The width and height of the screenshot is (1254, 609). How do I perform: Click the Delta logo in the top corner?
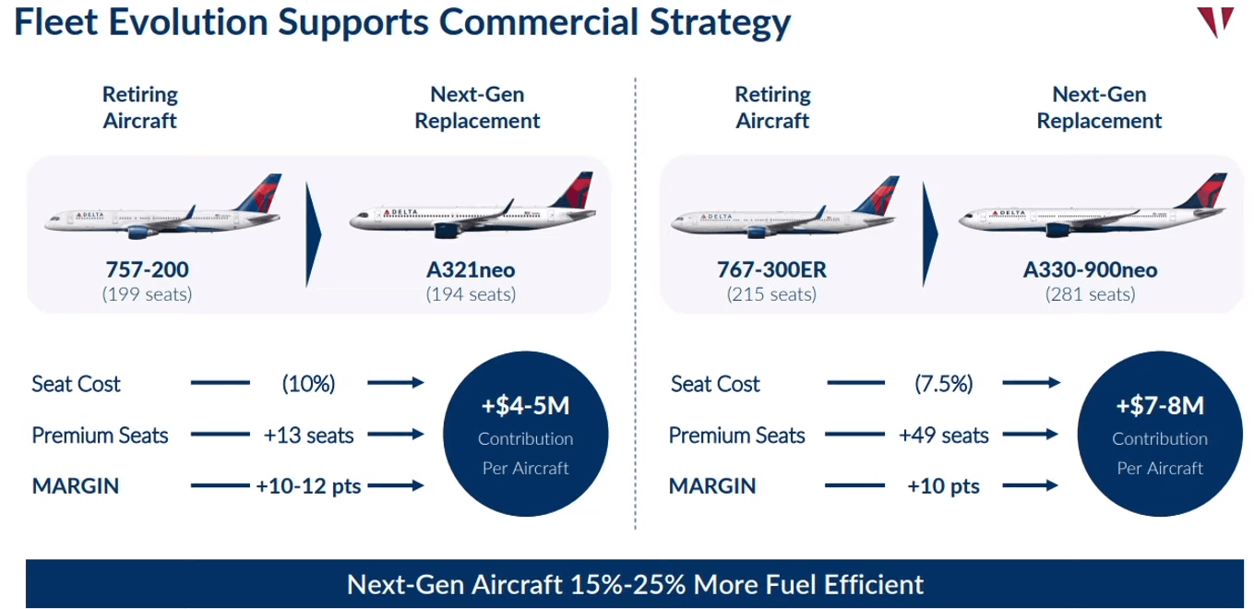1215,21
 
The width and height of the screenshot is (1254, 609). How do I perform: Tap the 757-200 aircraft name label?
148,269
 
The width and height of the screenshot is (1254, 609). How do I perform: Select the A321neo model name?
471,269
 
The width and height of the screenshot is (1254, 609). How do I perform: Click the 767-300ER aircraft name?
771,269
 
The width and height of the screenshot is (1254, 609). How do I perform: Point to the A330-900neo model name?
1090,269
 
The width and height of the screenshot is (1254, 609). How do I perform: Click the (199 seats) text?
148,294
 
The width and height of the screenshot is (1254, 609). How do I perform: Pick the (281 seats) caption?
1090,294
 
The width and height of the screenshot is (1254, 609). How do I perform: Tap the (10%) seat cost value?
308,384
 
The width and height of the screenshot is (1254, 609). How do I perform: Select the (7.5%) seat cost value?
944,384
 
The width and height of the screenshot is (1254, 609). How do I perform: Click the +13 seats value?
308,435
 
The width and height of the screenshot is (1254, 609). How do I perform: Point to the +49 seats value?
944,435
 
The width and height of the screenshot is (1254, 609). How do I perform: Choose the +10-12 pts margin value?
308,486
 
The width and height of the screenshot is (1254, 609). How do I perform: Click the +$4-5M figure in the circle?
525,406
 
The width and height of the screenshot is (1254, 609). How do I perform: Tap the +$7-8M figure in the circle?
1160,406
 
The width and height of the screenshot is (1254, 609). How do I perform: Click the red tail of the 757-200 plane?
262,193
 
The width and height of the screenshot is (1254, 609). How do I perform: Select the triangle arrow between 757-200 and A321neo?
314,234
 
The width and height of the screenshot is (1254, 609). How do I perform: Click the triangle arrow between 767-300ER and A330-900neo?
930,234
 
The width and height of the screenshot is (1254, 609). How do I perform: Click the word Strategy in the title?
720,23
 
